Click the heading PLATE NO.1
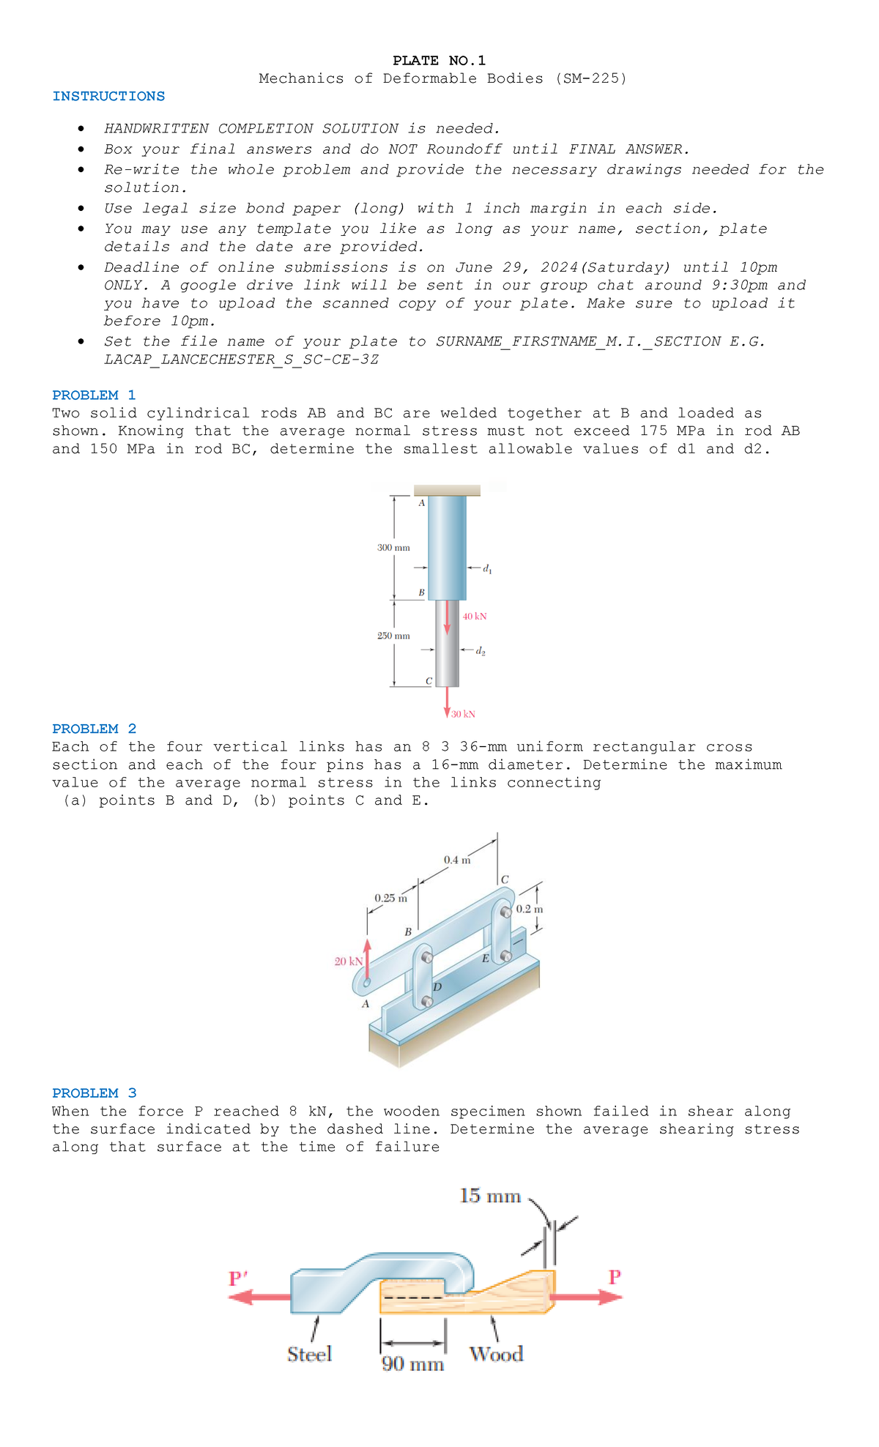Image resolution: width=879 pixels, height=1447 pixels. tap(439, 61)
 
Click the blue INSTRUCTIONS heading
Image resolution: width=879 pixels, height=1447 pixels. tap(108, 97)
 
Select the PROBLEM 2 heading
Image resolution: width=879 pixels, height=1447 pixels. tap(94, 729)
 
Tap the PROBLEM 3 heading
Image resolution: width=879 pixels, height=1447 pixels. tap(94, 1093)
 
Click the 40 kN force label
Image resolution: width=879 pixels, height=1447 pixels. tap(475, 617)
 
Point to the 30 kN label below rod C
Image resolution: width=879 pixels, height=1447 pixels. tap(463, 714)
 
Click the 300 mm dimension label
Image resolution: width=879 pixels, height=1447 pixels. tap(393, 548)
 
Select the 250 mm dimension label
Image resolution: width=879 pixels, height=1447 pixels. tap(393, 636)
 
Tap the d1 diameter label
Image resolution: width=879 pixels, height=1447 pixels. tap(487, 569)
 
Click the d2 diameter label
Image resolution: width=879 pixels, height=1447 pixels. tap(481, 651)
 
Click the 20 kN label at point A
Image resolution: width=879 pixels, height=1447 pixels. tap(348, 961)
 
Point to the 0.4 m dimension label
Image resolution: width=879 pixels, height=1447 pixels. tap(457, 860)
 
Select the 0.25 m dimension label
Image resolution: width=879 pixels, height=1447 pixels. tap(390, 899)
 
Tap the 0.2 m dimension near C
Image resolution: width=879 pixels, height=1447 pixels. tap(530, 910)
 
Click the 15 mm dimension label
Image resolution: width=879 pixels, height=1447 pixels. tap(490, 1197)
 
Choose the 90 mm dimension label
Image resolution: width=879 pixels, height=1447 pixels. tap(412, 1364)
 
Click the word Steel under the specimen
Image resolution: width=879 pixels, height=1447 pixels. tap(309, 1355)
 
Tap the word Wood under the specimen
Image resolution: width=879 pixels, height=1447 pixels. tap(496, 1355)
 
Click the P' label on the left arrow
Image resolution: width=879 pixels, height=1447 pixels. tap(238, 1279)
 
